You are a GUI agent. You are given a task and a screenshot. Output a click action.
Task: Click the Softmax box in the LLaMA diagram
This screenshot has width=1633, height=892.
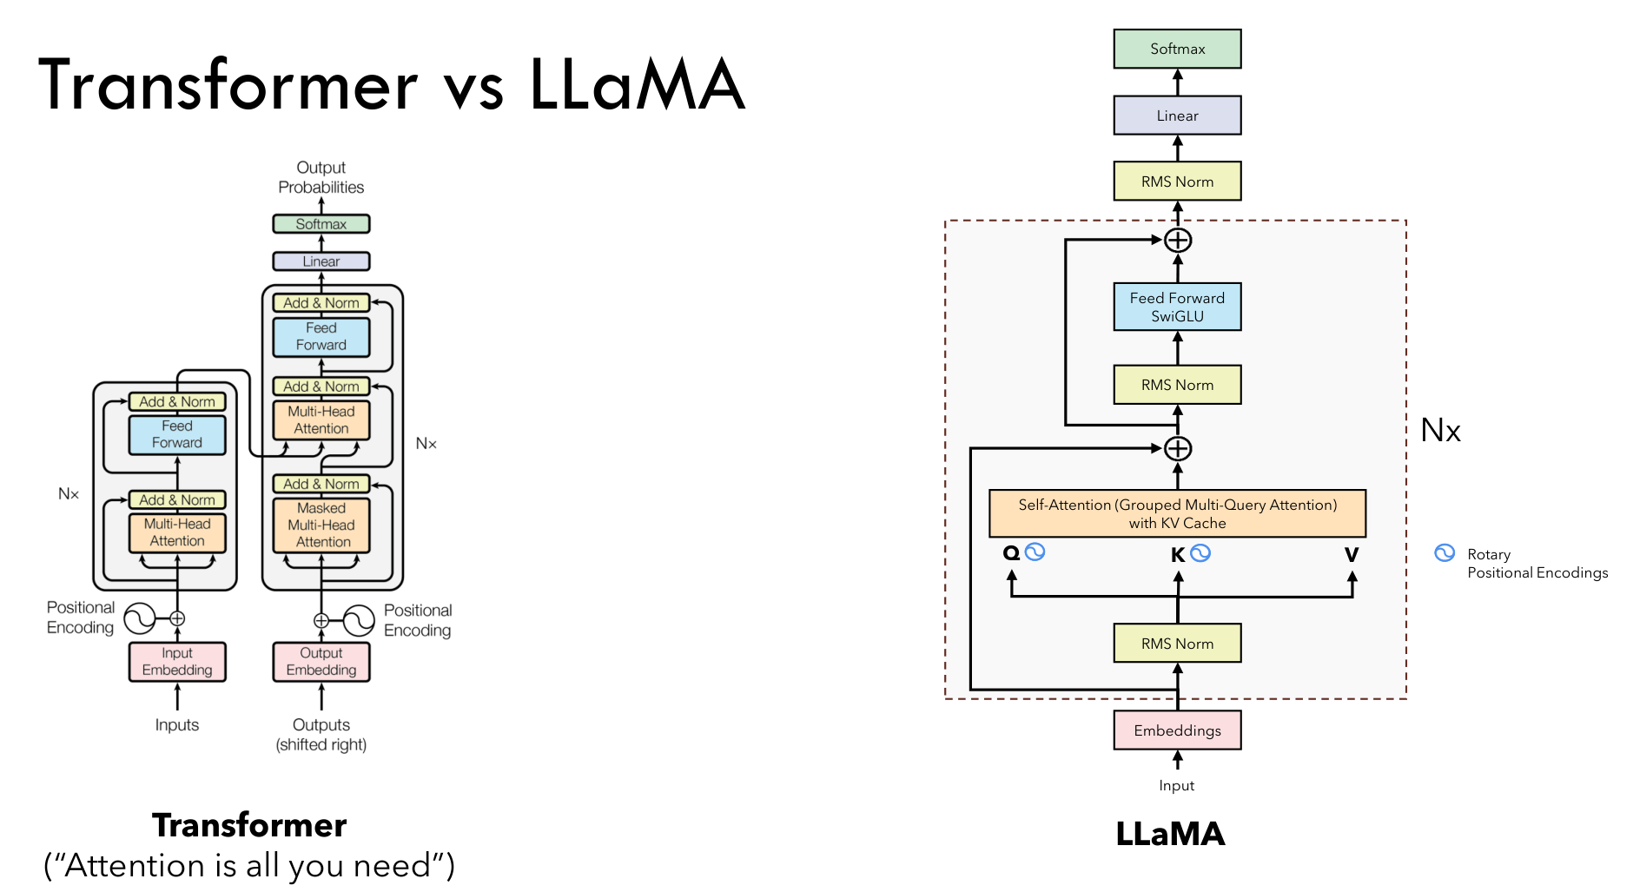click(1177, 49)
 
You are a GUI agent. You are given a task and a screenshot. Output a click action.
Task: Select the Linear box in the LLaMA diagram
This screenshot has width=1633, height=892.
click(1177, 116)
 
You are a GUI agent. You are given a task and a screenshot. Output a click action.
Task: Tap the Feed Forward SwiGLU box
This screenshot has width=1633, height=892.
click(1177, 307)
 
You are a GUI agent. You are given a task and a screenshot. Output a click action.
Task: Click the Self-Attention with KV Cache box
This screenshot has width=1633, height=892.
click(1177, 513)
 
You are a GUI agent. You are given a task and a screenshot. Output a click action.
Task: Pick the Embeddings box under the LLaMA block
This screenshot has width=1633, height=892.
click(1177, 730)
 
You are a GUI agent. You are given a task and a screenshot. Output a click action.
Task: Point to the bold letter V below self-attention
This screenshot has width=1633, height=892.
click(1352, 554)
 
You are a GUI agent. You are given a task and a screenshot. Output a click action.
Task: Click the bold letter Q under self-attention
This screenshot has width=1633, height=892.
click(1011, 553)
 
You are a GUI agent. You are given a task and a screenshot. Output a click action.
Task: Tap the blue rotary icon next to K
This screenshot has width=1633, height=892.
click(1200, 553)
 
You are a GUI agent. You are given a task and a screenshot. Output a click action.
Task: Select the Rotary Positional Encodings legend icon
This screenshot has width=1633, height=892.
click(1445, 553)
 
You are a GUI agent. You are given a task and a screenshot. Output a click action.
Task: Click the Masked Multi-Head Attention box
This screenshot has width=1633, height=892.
click(321, 525)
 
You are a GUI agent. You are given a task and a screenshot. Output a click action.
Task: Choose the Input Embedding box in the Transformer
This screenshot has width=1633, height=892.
click(177, 662)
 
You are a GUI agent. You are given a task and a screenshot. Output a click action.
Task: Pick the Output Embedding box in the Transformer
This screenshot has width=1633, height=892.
click(321, 662)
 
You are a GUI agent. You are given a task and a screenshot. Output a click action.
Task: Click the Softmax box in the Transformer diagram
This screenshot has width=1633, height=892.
click(321, 224)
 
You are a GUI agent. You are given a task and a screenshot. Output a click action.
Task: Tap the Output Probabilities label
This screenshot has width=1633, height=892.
click(321, 177)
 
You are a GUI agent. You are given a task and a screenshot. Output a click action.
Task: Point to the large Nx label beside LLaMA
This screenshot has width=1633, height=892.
click(1441, 431)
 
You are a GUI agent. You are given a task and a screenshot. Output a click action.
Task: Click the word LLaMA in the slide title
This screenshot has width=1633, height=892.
click(638, 85)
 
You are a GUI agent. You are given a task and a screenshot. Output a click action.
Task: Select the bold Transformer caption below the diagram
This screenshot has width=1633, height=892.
click(249, 825)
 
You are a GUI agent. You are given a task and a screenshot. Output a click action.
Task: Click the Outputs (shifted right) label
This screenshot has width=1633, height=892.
click(321, 735)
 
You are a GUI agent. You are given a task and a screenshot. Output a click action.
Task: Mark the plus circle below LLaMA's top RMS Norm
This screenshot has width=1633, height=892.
click(1178, 240)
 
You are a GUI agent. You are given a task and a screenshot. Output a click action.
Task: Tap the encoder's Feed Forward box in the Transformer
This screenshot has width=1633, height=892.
click(177, 434)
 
